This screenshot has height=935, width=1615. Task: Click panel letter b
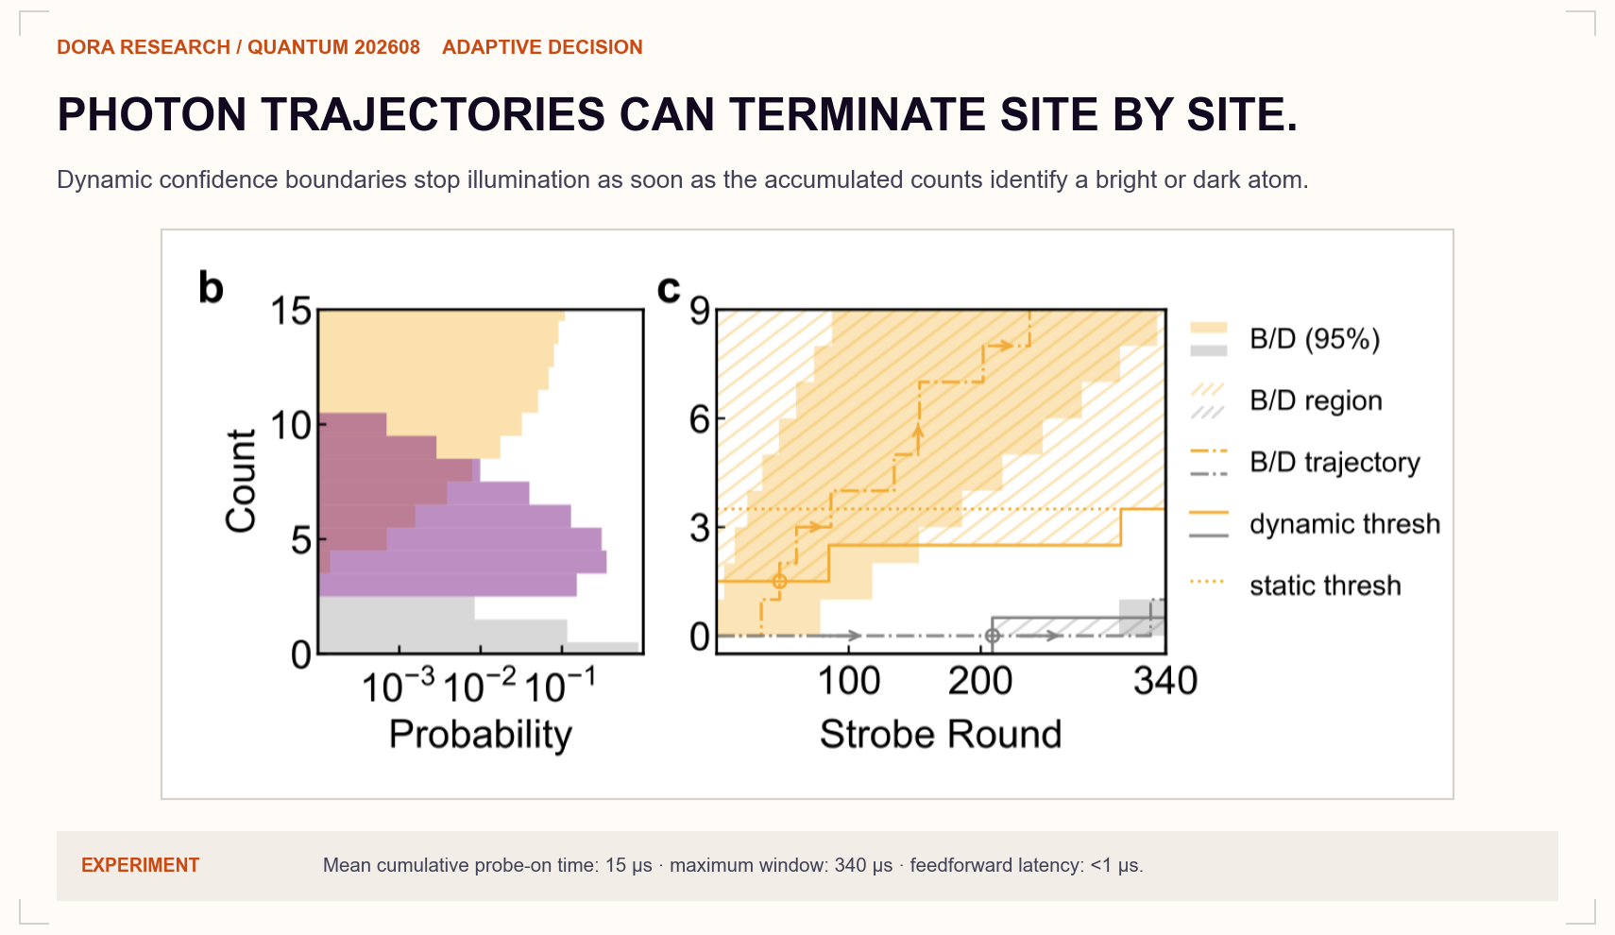click(x=211, y=288)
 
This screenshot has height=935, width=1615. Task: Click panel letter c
click(x=669, y=289)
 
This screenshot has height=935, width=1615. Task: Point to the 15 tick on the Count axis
click(x=291, y=312)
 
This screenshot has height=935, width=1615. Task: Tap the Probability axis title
click(x=480, y=735)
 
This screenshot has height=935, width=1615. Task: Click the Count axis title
click(x=241, y=481)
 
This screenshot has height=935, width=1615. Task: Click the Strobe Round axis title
click(x=940, y=735)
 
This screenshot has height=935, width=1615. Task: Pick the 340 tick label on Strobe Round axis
click(x=1165, y=681)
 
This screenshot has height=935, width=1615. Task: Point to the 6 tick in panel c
click(x=699, y=418)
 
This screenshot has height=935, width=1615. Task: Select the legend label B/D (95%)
click(x=1315, y=338)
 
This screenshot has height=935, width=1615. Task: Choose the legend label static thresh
click(x=1325, y=585)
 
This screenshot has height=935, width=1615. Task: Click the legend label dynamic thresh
click(x=1345, y=523)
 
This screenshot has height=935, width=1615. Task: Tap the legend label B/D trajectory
click(x=1334, y=462)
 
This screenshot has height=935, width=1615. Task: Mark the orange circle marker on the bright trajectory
click(x=779, y=581)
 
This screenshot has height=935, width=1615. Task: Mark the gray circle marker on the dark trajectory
click(x=993, y=636)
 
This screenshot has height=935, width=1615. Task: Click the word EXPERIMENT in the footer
click(x=140, y=865)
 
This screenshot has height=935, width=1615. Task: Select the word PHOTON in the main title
click(x=151, y=114)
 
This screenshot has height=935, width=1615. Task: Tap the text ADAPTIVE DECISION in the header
click(x=542, y=47)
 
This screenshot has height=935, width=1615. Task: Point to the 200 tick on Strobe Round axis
click(x=979, y=681)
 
